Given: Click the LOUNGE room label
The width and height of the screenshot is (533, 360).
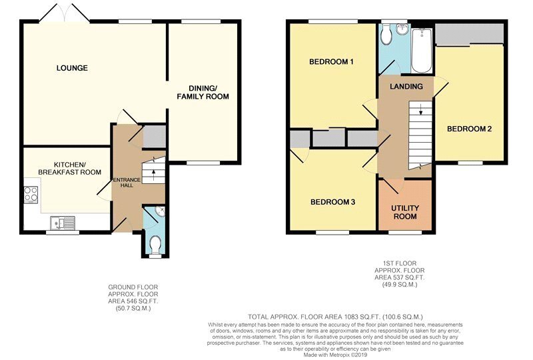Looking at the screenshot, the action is [x=72, y=68].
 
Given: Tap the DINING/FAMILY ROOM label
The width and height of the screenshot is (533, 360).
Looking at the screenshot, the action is [x=203, y=93].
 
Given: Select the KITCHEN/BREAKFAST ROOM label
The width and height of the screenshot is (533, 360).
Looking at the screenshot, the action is [x=70, y=168].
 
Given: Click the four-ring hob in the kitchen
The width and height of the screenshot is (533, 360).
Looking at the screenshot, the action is [x=31, y=195].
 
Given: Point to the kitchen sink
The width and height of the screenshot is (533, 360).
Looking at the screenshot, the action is [x=63, y=223].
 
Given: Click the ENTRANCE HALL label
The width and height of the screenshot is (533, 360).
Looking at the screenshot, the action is [x=127, y=183].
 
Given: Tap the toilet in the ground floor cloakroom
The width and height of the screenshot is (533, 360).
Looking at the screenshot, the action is [x=156, y=245].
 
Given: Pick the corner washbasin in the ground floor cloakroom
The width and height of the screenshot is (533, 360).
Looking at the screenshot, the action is [x=160, y=211].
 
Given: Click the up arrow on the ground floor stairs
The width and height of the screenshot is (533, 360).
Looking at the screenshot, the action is [x=154, y=174].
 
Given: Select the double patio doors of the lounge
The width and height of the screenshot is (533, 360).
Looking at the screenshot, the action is [x=65, y=13].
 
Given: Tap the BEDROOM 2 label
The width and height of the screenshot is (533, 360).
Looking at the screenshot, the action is [x=470, y=129].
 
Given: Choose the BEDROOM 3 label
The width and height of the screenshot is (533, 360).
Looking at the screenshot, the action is [x=332, y=202].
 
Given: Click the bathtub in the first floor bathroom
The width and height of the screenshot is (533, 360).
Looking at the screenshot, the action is [x=422, y=51].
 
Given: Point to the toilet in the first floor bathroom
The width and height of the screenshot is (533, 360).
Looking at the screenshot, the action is [x=386, y=35].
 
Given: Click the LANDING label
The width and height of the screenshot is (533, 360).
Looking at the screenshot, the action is [x=406, y=87].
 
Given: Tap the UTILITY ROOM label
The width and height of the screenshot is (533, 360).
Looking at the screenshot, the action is [x=405, y=212].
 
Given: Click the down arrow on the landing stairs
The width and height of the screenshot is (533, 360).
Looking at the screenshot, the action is [x=421, y=109].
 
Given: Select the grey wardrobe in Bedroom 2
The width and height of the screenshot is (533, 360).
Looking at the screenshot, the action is [x=470, y=34].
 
